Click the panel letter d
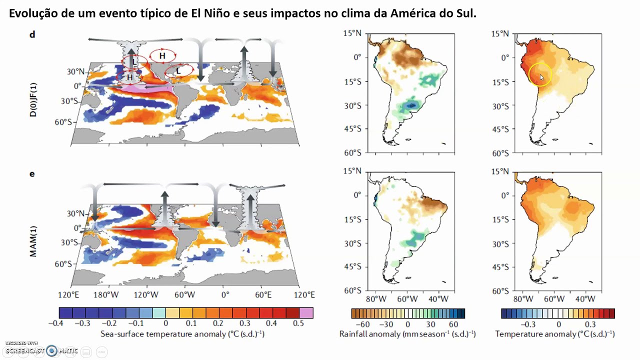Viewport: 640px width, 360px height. pyautogui.click(x=32, y=34)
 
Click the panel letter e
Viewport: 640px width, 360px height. pyautogui.click(x=32, y=174)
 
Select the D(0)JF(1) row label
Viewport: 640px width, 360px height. pyautogui.click(x=33, y=99)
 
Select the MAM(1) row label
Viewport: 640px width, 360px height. pyautogui.click(x=33, y=241)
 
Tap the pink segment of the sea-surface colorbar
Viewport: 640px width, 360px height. pyautogui.click(x=306, y=313)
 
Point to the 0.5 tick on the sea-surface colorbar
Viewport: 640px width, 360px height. pyautogui.click(x=298, y=323)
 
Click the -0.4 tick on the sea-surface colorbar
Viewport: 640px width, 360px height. pyautogui.click(x=55, y=323)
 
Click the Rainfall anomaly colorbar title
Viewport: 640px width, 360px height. pyautogui.click(x=407, y=334)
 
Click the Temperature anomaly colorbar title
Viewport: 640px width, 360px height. pyautogui.click(x=555, y=334)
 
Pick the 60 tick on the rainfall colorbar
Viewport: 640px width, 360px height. pyautogui.click(x=453, y=324)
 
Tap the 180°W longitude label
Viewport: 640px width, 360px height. pyautogui.click(x=106, y=295)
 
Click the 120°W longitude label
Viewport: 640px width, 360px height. pyautogui.click(x=146, y=295)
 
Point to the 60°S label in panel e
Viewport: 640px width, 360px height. pyautogui.click(x=63, y=264)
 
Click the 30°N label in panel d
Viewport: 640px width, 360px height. pyautogui.click(x=75, y=71)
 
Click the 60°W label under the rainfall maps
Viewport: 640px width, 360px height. pyautogui.click(x=407, y=299)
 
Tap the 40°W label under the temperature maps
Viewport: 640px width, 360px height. pyautogui.click(x=585, y=299)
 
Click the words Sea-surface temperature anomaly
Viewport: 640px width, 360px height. pyautogui.click(x=163, y=334)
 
